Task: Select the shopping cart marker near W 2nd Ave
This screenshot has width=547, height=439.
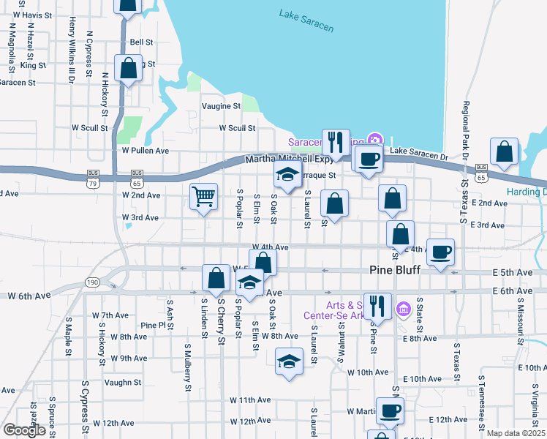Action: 203,196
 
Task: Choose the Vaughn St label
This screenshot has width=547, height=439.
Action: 122,382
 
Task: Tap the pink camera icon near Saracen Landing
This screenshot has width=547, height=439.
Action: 375,139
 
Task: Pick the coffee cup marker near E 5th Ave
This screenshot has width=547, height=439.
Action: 440,252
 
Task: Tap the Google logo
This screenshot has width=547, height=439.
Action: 24,430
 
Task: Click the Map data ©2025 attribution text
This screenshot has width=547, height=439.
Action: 516,433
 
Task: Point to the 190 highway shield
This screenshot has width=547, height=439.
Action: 92,282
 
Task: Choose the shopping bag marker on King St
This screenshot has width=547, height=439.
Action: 128,69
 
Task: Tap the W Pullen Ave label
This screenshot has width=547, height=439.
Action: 146,151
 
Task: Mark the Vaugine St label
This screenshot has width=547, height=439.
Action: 221,106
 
